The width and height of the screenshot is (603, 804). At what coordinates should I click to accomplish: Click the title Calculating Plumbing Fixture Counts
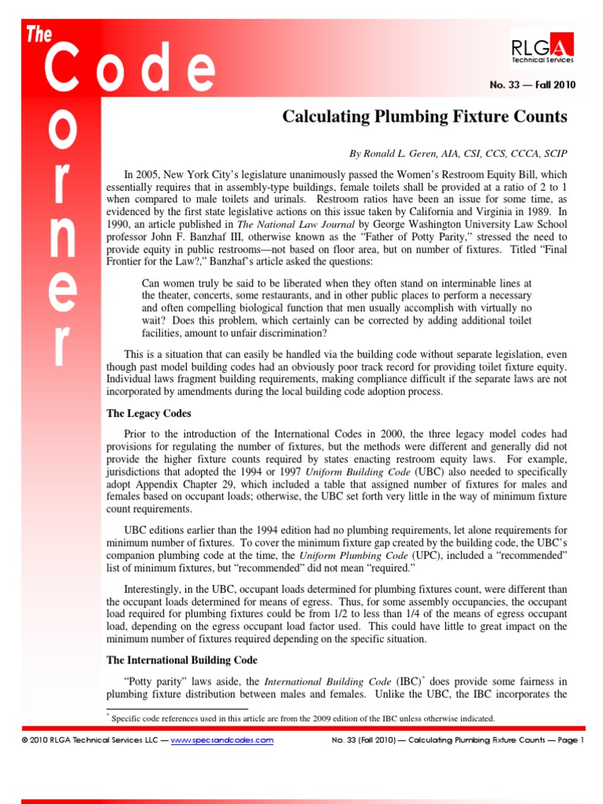pyautogui.click(x=424, y=117)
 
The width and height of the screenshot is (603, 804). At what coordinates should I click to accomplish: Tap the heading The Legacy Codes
pyautogui.click(x=149, y=413)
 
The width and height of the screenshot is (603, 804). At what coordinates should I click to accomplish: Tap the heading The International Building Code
pyautogui.click(x=181, y=660)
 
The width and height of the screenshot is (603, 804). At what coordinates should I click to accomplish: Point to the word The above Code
pyautogui.click(x=38, y=34)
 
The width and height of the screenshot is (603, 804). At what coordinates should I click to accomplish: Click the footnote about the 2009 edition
pyautogui.click(x=302, y=718)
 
